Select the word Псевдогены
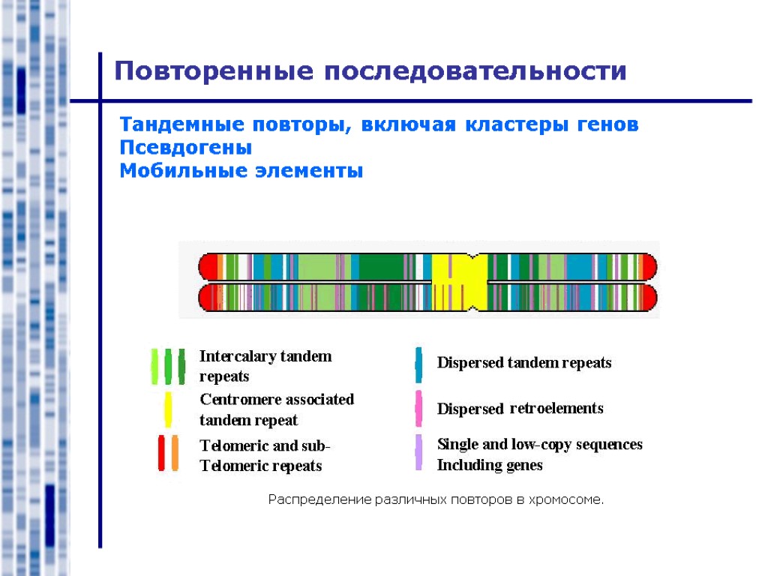tap(186, 148)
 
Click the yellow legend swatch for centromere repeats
tap(169, 409)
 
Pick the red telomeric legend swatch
tap(161, 453)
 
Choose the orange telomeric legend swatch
tap(175, 453)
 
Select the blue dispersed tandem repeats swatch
tap(418, 364)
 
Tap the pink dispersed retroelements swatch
tap(418, 409)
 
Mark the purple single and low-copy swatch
tap(418, 453)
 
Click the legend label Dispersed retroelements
tap(520, 409)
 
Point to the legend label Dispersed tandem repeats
tap(524, 363)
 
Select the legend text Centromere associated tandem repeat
tap(276, 409)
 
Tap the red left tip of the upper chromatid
tap(207, 266)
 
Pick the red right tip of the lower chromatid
tap(649, 297)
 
